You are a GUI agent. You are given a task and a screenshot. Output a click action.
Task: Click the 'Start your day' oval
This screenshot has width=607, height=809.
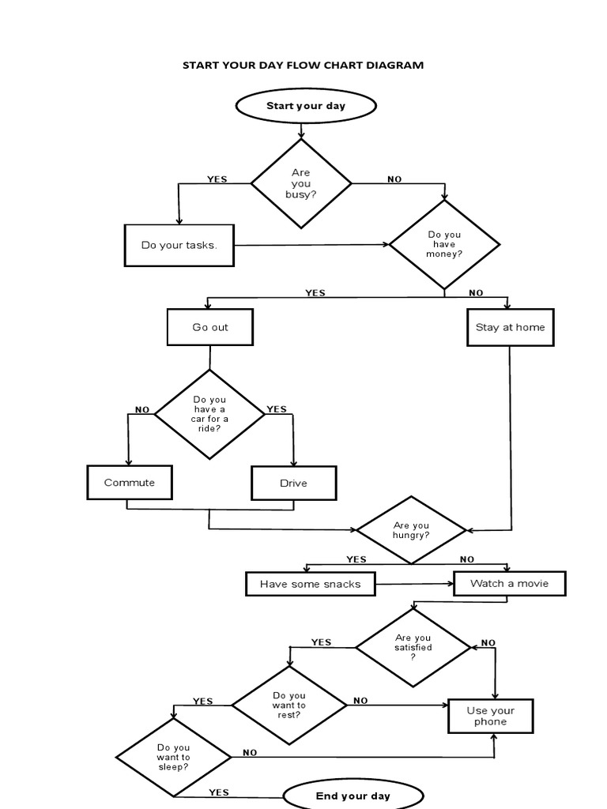[305, 106]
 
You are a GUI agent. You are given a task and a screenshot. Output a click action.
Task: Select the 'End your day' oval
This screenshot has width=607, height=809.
[353, 795]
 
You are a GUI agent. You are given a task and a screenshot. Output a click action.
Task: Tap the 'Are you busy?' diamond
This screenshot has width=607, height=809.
[301, 183]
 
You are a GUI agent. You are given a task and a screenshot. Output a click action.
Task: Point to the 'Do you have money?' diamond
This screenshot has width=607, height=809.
[444, 244]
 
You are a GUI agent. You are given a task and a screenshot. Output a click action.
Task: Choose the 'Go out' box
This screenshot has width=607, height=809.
[210, 327]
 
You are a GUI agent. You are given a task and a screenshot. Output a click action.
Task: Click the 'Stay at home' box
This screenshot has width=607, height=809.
[510, 327]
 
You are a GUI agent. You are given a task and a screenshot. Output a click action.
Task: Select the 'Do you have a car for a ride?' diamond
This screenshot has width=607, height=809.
[209, 414]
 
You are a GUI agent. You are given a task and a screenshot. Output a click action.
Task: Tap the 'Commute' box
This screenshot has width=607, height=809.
[130, 483]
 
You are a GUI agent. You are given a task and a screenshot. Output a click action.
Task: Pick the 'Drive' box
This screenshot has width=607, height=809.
[293, 484]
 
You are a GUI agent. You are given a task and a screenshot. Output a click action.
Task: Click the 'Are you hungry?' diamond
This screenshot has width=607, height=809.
[411, 530]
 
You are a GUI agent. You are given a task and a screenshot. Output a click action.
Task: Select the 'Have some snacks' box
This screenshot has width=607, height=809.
[310, 585]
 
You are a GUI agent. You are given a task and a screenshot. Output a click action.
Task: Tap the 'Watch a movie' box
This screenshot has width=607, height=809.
[509, 584]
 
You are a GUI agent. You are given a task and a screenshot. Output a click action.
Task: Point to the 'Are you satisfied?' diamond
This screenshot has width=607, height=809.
[413, 647]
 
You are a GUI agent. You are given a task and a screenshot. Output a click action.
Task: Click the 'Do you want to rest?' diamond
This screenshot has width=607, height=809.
[288, 705]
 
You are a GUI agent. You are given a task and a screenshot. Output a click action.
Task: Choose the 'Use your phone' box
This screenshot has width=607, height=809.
[491, 717]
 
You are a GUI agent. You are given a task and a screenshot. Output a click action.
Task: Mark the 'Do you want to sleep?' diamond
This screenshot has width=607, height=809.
[174, 758]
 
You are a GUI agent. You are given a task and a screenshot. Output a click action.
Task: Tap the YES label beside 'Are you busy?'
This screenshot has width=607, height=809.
[217, 179]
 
